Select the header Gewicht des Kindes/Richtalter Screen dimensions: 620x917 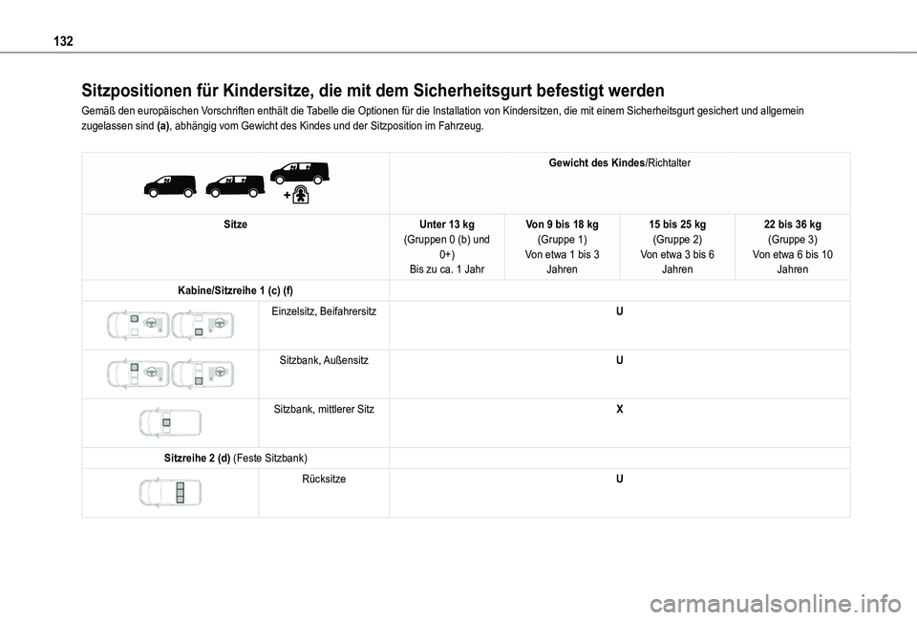pyautogui.click(x=619, y=163)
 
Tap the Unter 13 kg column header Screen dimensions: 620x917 pyautogui.click(x=447, y=224)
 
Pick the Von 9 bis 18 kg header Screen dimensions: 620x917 pyautogui.click(x=563, y=224)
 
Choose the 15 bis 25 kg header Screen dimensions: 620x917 pyautogui.click(x=677, y=224)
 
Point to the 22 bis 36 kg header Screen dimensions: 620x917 pyautogui.click(x=792, y=224)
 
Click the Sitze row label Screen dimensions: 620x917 pyautogui.click(x=235, y=224)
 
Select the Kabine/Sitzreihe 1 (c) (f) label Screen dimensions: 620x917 pyautogui.click(x=235, y=289)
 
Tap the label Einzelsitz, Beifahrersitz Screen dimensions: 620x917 pyautogui.click(x=323, y=312)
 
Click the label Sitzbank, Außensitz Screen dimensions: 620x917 pyautogui.click(x=324, y=361)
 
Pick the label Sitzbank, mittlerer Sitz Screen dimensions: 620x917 pyautogui.click(x=324, y=410)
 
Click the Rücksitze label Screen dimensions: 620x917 pyautogui.click(x=324, y=480)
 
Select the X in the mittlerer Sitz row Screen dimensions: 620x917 pyautogui.click(x=619, y=410)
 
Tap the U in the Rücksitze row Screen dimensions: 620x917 pyautogui.click(x=619, y=480)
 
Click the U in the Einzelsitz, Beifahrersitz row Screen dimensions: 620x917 pyautogui.click(x=619, y=312)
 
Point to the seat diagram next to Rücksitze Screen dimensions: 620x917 pyautogui.click(x=170, y=493)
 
